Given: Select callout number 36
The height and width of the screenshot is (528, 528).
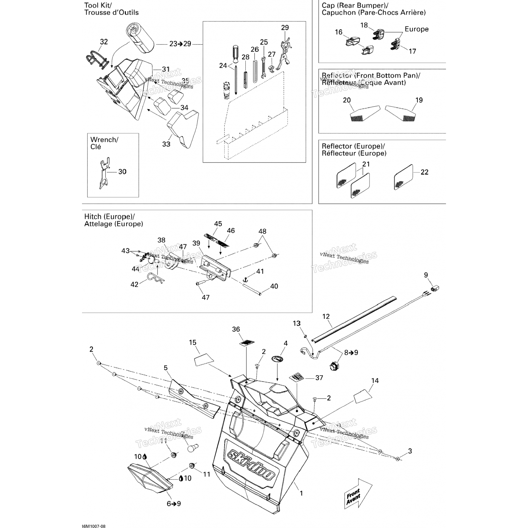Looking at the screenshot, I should (x=236, y=329).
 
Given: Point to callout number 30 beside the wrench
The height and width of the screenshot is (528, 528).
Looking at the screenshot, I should (x=122, y=172).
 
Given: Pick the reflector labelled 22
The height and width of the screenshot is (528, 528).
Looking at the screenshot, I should (x=403, y=177).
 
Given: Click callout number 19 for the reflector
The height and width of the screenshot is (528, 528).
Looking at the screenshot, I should (x=419, y=100).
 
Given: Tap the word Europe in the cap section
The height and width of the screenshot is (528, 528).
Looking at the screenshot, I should (x=416, y=29).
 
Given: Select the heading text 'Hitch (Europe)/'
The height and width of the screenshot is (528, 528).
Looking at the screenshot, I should (x=109, y=217).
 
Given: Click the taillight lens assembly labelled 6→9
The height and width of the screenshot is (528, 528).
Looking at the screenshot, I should (x=150, y=479).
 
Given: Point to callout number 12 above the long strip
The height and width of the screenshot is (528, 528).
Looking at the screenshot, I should (x=326, y=316).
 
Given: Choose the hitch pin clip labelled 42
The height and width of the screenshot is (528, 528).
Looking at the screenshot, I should (x=155, y=278).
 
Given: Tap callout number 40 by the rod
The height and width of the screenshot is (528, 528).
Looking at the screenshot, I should (x=274, y=287).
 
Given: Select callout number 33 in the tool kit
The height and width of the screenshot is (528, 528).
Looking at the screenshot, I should (x=166, y=144).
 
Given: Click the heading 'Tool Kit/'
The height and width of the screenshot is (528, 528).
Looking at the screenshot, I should (x=98, y=5).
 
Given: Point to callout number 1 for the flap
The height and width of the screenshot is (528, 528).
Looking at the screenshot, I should (x=301, y=494).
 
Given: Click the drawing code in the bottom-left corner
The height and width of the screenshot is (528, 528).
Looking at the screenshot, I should (x=93, y=526).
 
